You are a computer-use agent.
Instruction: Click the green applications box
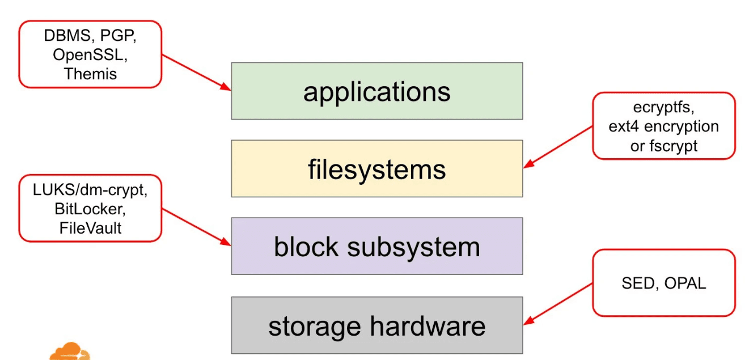point(376,91)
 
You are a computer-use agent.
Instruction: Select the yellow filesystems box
point(376,169)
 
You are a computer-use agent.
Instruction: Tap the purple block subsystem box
point(376,247)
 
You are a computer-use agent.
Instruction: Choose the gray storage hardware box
point(376,326)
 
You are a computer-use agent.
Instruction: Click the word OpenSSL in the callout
point(90,54)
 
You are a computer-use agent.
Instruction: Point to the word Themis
point(90,73)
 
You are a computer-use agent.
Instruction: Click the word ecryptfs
point(663,107)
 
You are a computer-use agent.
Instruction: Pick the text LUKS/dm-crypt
point(90,190)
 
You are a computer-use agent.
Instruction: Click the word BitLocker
point(90,209)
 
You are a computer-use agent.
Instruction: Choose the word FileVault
point(90,227)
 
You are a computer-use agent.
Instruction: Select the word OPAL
point(686,283)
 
